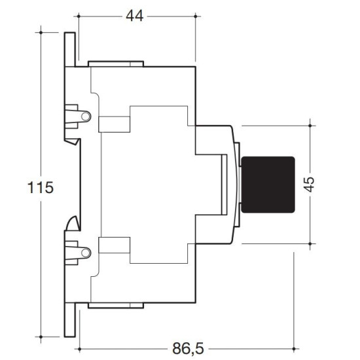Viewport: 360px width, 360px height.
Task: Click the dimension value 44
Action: click(135, 16)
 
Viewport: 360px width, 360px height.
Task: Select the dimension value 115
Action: click(41, 187)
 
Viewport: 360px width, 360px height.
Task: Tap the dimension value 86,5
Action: click(188, 348)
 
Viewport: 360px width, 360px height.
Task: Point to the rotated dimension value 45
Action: click(309, 185)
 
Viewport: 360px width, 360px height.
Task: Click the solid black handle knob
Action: click(268, 185)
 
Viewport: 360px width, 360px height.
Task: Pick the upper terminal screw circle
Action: click(86, 117)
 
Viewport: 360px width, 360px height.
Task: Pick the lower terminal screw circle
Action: click(86, 253)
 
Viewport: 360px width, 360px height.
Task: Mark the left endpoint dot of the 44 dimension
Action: click(79, 16)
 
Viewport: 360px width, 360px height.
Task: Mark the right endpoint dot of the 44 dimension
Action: click(196, 16)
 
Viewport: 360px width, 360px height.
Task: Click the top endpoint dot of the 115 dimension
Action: click(41, 33)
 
